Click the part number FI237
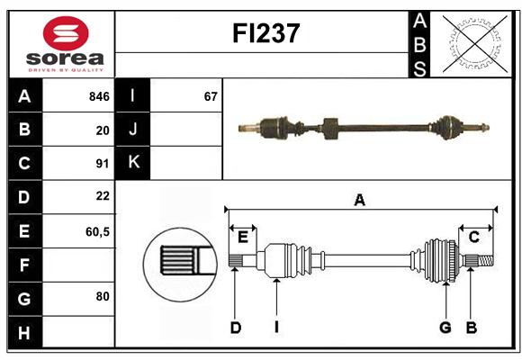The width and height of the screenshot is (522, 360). pyautogui.click(x=266, y=33)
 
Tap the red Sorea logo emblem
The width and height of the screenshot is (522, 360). pyautogui.click(x=66, y=33)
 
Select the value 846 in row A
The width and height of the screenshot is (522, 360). pyautogui.click(x=99, y=96)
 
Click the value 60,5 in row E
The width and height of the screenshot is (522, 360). pyautogui.click(x=97, y=231)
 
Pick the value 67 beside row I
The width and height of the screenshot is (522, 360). pyautogui.click(x=211, y=96)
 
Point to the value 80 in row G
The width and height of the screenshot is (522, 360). pyautogui.click(x=103, y=296)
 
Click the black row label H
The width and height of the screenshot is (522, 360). pyautogui.click(x=24, y=332)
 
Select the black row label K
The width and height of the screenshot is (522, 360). pyautogui.click(x=133, y=163)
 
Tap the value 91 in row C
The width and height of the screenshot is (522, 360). pyautogui.click(x=103, y=164)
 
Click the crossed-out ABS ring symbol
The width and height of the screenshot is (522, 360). pyautogui.click(x=474, y=44)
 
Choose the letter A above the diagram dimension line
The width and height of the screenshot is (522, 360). pyautogui.click(x=359, y=200)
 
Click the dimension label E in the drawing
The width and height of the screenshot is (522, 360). pyautogui.click(x=243, y=238)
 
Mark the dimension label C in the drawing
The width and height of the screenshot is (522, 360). pyautogui.click(x=473, y=237)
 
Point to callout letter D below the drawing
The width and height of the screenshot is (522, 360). pyautogui.click(x=236, y=328)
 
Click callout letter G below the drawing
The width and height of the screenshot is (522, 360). pyautogui.click(x=445, y=328)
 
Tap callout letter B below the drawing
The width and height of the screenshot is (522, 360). pyautogui.click(x=471, y=328)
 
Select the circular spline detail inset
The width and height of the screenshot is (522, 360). pyautogui.click(x=180, y=265)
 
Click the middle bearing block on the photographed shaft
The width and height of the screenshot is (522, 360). pyautogui.click(x=330, y=129)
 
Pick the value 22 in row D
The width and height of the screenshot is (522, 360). pyautogui.click(x=103, y=196)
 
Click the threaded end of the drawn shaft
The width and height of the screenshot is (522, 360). pyautogui.click(x=486, y=260)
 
